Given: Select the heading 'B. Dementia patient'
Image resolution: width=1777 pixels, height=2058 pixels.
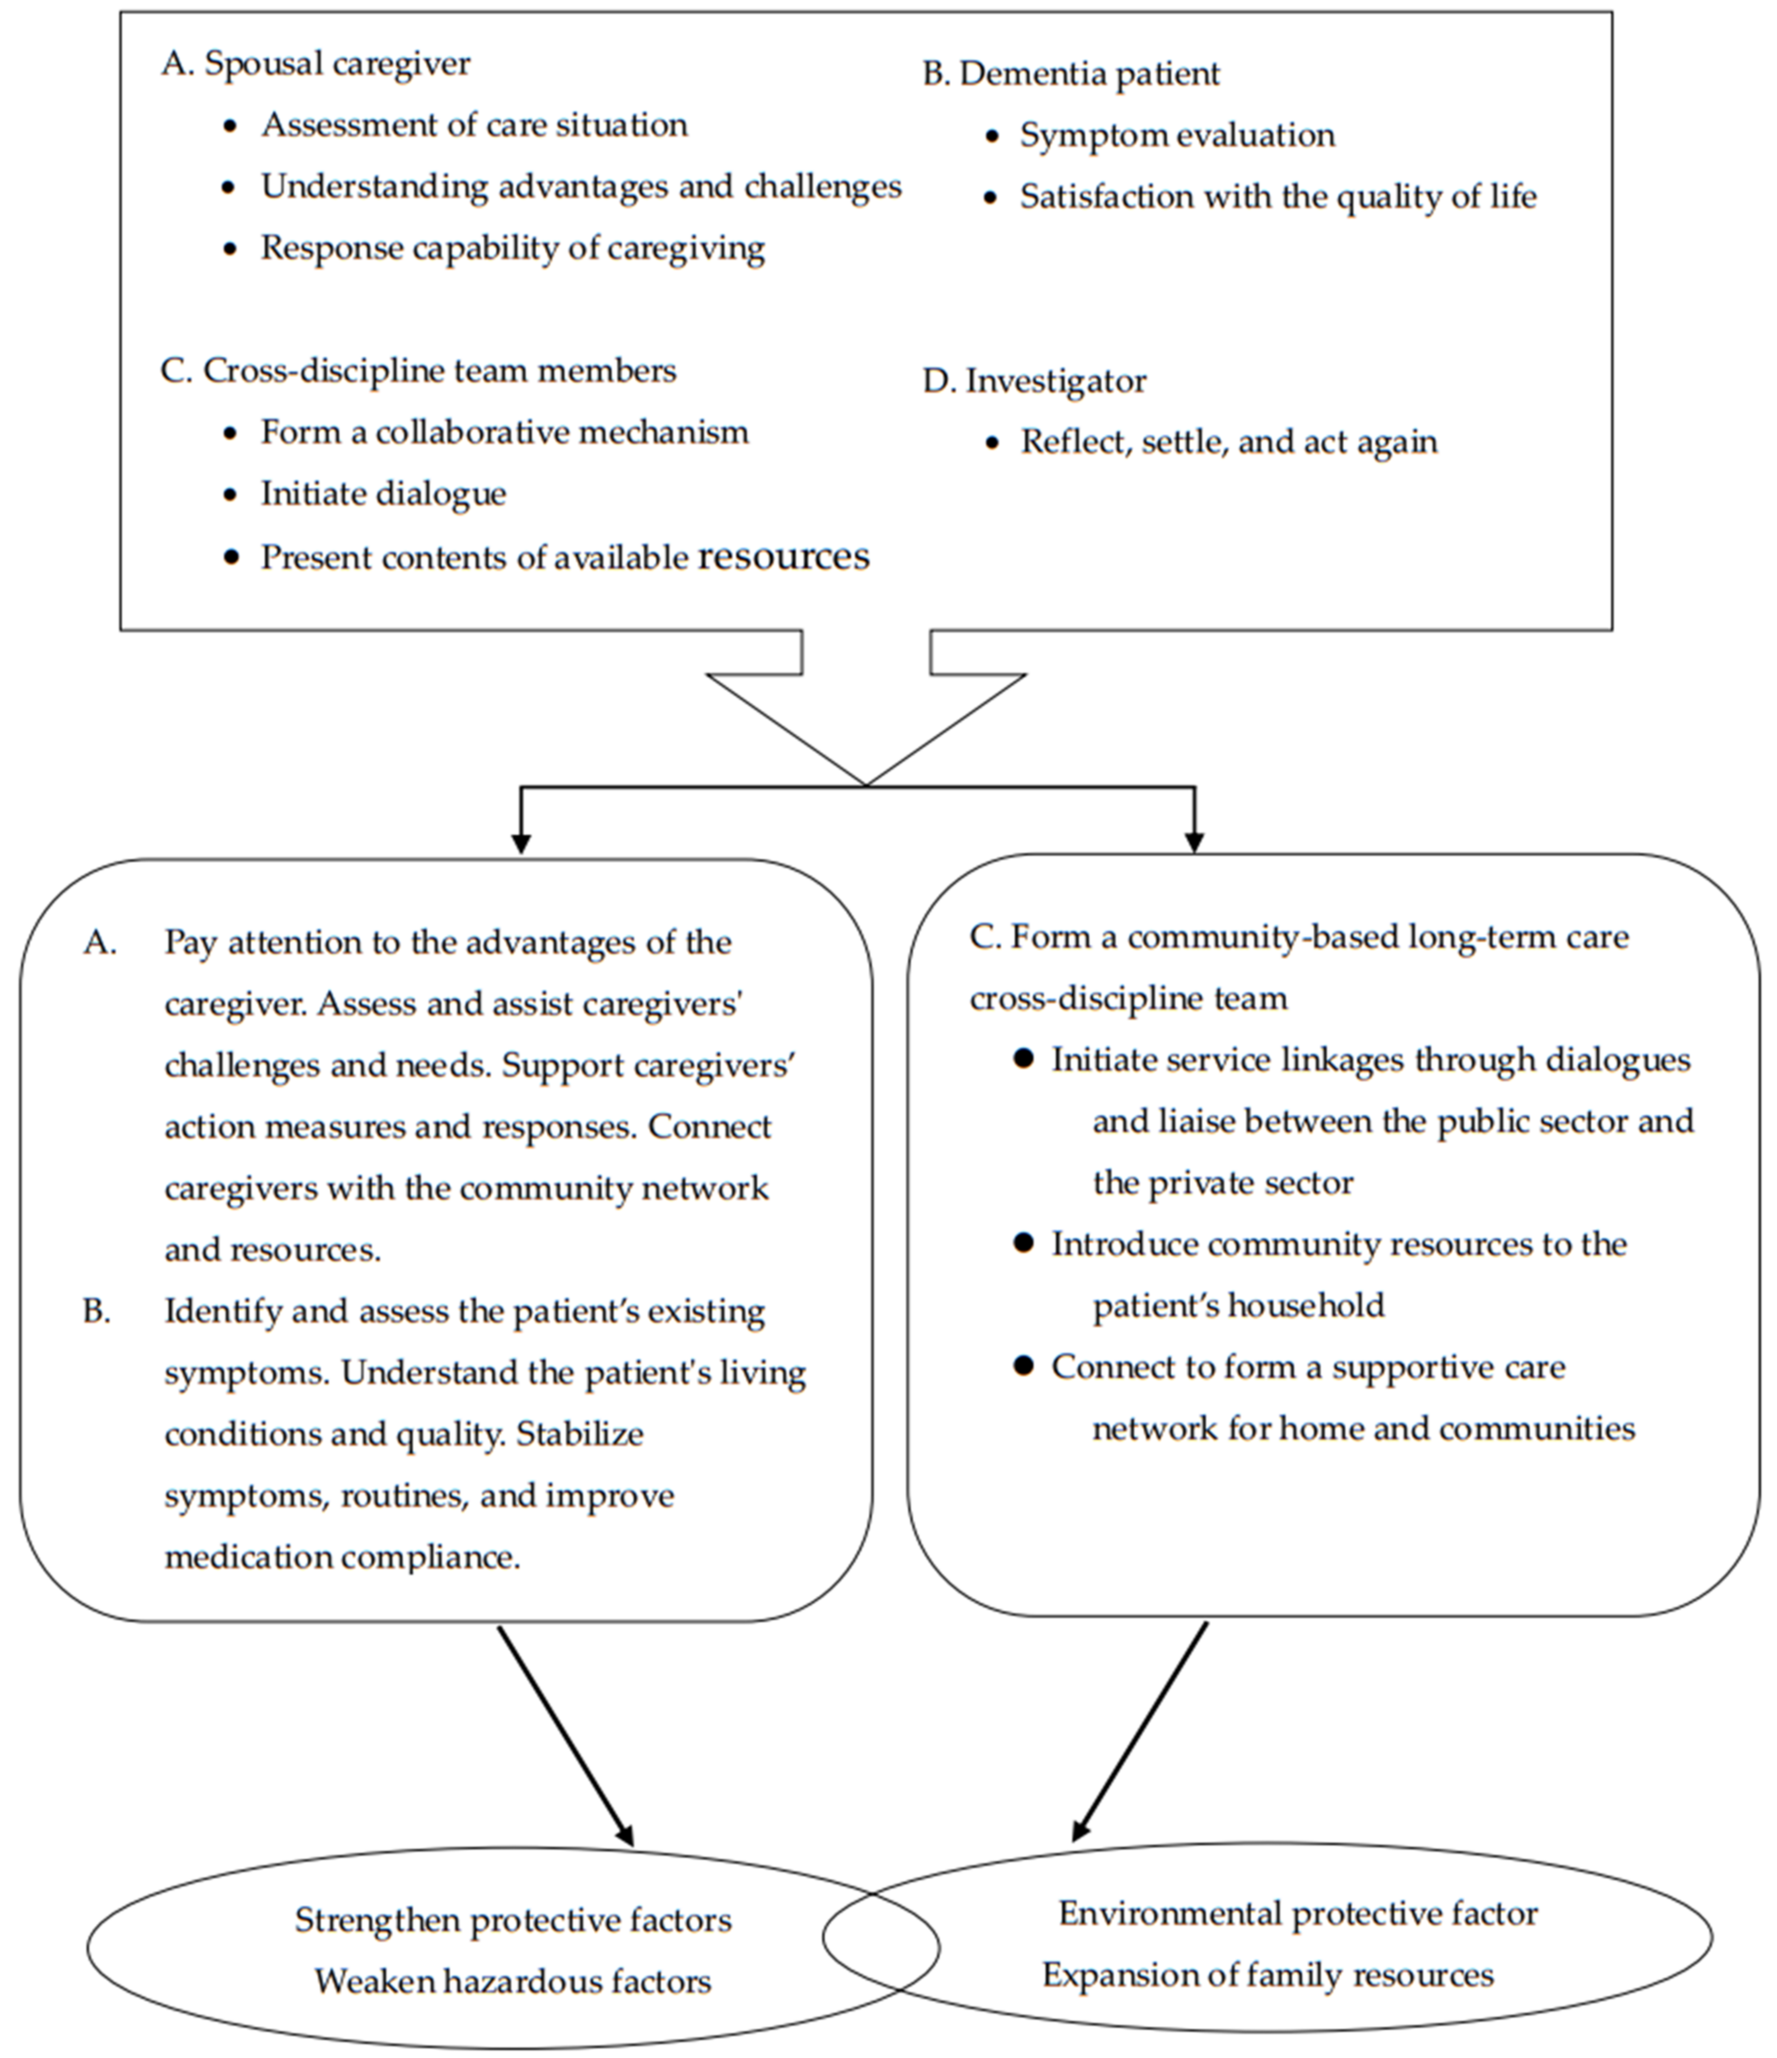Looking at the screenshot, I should pos(1071,74).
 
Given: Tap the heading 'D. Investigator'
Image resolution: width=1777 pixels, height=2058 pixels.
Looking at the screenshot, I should pos(1034,381).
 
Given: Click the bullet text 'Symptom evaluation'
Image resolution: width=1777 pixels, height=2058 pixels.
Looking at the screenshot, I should pos(1177,135).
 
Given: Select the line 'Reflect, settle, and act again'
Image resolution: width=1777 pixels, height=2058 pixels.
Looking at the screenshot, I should pos(1229,442).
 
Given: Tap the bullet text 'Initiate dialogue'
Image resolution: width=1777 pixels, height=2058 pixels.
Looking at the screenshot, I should pos(383,493).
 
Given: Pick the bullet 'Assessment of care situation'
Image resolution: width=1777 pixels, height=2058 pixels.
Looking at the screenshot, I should pos(474,125).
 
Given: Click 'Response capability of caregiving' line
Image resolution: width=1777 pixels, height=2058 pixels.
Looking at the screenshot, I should pos(512,248).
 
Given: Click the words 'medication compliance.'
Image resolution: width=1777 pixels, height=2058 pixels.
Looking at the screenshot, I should pos(342,1556).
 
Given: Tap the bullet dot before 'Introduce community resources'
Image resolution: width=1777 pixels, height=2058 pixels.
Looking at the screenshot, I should pos(1023,1244).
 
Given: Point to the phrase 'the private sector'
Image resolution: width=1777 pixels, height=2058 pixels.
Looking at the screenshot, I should pos(1223,1183).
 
